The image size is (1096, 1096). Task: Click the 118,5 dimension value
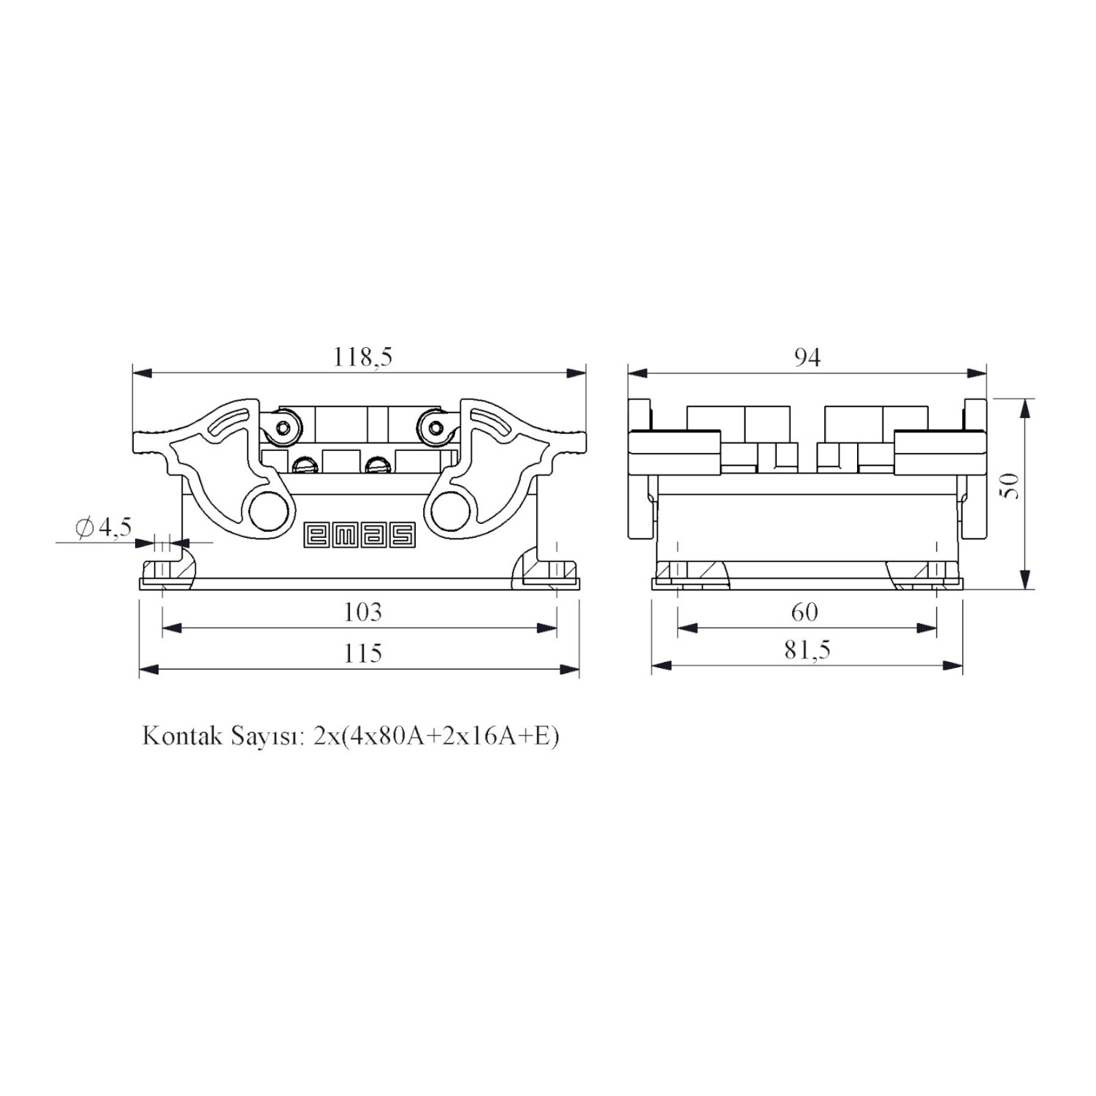click(x=363, y=357)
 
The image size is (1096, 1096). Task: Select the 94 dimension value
click(x=807, y=357)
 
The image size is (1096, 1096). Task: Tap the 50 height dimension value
click(x=1010, y=485)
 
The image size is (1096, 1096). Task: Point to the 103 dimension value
click(x=362, y=612)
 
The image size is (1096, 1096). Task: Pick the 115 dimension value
click(x=362, y=652)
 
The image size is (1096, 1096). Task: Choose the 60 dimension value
click(x=804, y=612)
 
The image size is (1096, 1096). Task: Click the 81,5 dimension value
click(x=807, y=650)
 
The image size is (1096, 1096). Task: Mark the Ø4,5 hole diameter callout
click(x=104, y=526)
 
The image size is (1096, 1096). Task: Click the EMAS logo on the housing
click(x=359, y=535)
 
